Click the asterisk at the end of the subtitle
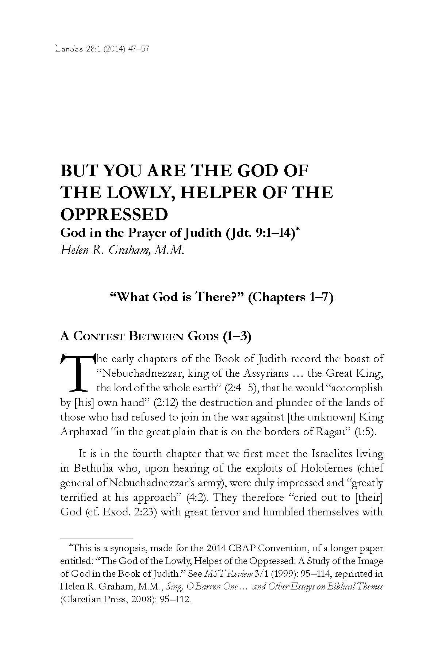pyautogui.click(x=298, y=230)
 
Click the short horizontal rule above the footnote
pyautogui.click(x=96, y=538)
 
